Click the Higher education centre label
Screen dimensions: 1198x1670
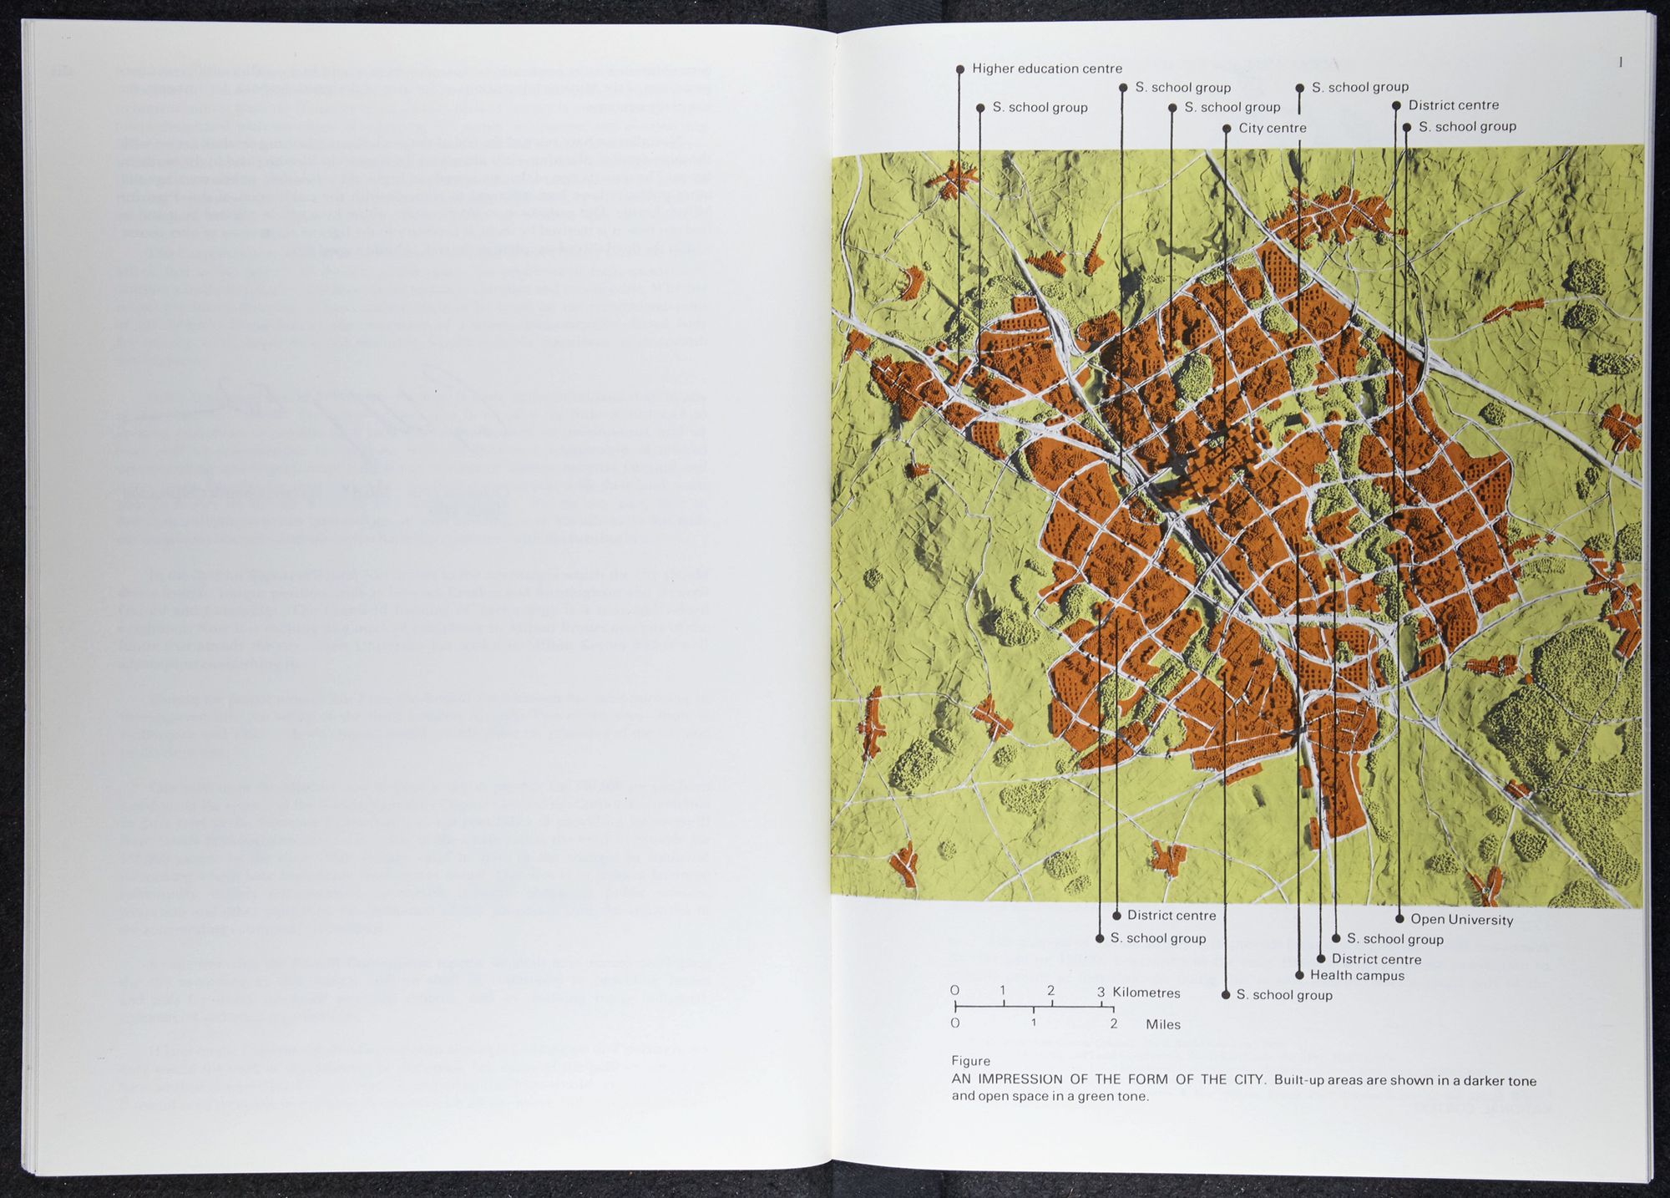1046,69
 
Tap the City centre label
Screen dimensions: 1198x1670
1272,128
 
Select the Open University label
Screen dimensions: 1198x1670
1461,920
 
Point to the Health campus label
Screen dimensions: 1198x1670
1357,975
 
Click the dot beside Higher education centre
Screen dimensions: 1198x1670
960,69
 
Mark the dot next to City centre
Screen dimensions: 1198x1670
1227,129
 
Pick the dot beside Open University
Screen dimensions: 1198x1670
1399,919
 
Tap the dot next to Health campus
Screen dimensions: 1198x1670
1299,975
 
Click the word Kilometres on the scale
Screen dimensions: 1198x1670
1146,992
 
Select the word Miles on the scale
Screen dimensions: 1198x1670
1162,1024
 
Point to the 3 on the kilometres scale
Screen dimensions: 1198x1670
1101,992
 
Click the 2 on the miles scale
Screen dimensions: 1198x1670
1114,1023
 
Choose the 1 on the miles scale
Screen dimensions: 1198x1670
1034,1023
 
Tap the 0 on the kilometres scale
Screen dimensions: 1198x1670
955,991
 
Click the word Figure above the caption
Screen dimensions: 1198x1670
970,1061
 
